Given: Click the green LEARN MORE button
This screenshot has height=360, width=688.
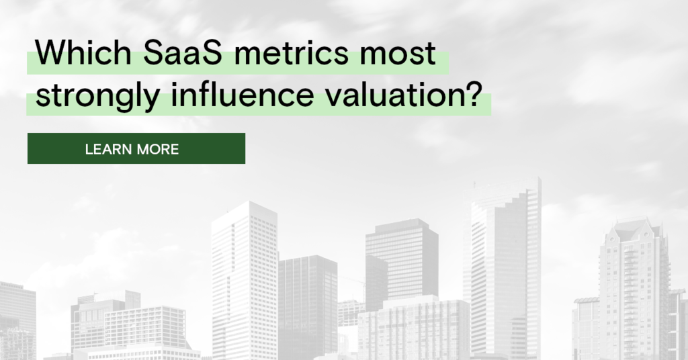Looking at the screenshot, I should (x=136, y=148).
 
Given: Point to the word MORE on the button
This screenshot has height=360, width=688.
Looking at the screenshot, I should (x=158, y=149).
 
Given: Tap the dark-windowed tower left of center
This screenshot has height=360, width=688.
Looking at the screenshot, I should (x=308, y=302).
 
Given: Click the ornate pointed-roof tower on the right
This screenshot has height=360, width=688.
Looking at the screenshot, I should (x=632, y=282).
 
